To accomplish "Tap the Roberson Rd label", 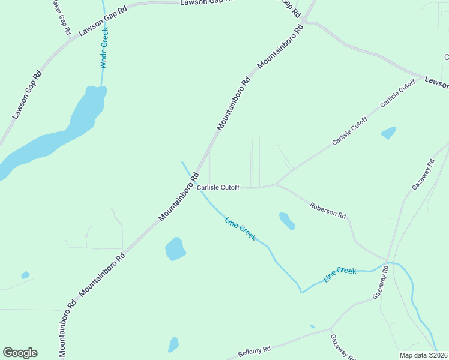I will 328,211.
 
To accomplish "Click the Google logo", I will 20,353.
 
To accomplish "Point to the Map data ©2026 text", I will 424,355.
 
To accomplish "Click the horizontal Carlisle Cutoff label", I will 218,188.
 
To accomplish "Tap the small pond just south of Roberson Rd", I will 286,220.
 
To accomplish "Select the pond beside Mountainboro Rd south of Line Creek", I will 175,248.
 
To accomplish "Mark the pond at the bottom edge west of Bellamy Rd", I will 173,344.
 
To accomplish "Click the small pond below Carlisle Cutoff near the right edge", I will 389,133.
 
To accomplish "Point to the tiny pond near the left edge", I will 25,275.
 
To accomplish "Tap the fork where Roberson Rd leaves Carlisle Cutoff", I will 276,185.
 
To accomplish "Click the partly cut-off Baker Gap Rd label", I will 61,16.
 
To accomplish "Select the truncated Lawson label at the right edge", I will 436,82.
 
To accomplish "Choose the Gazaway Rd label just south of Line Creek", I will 381,283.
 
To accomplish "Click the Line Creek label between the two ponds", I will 240,229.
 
